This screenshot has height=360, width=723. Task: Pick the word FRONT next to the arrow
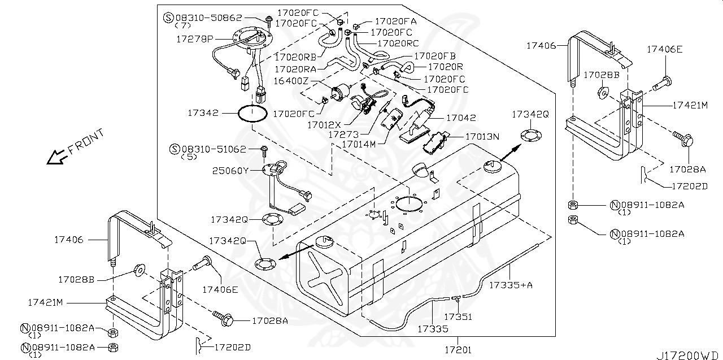coord(86,141)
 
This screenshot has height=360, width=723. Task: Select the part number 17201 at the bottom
coord(458,350)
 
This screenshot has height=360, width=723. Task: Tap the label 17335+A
coord(511,285)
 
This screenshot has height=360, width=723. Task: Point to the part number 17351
coord(458,318)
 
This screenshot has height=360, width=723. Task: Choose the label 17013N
coord(482,136)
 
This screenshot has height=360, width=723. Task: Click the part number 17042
coord(461,118)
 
